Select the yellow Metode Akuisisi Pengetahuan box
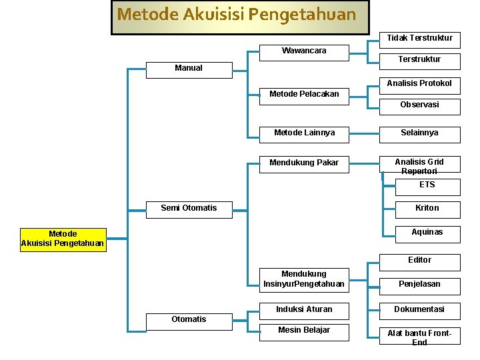coord(63,239)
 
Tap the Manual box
coord(189,68)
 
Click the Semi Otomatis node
coord(189,208)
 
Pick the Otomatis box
coord(189,319)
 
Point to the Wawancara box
coord(304,51)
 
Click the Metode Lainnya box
coord(304,133)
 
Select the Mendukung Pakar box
coord(304,163)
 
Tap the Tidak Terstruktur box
coord(419,38)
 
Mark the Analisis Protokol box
coord(419,83)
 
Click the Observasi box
coord(419,105)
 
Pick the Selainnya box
coord(419,133)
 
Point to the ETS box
coord(427,185)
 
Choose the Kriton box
coord(427,209)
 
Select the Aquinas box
coord(427,233)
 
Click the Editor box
coord(419,260)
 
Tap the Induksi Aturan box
coord(304,309)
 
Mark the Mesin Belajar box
coord(304,331)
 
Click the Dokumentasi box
coord(419,309)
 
